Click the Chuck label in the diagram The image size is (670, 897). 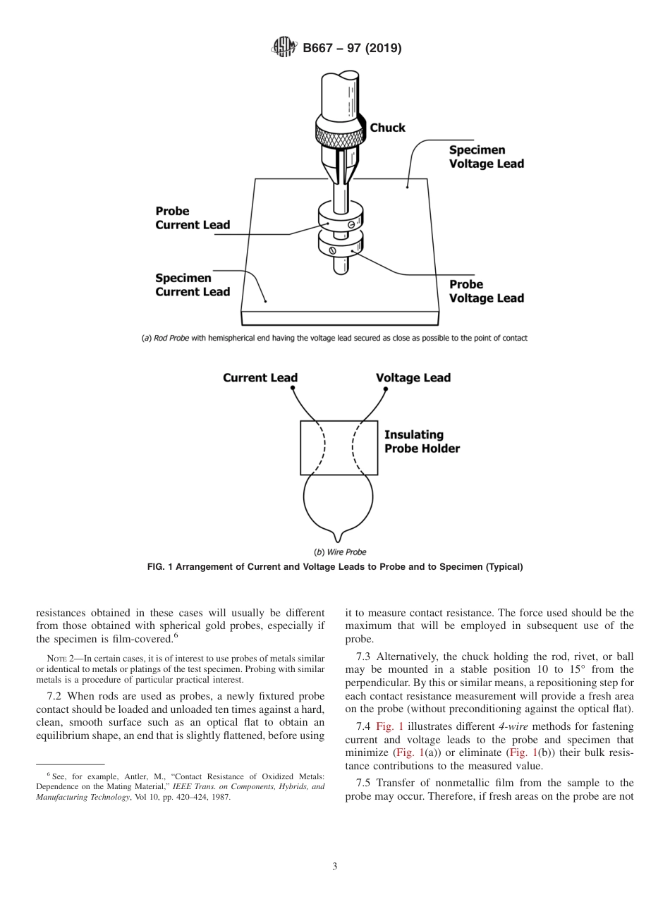tap(388, 128)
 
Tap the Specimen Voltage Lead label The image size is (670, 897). tap(487, 157)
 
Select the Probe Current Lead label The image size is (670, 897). tap(193, 218)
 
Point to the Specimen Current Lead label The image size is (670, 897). tap(193, 285)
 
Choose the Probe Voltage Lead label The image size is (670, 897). tap(487, 291)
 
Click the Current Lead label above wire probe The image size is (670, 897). tap(260, 378)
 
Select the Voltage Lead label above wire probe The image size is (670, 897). tap(413, 378)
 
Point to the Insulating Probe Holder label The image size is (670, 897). tap(422, 442)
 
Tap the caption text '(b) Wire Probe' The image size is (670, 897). tap(340, 552)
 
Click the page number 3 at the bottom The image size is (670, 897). tap(335, 866)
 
